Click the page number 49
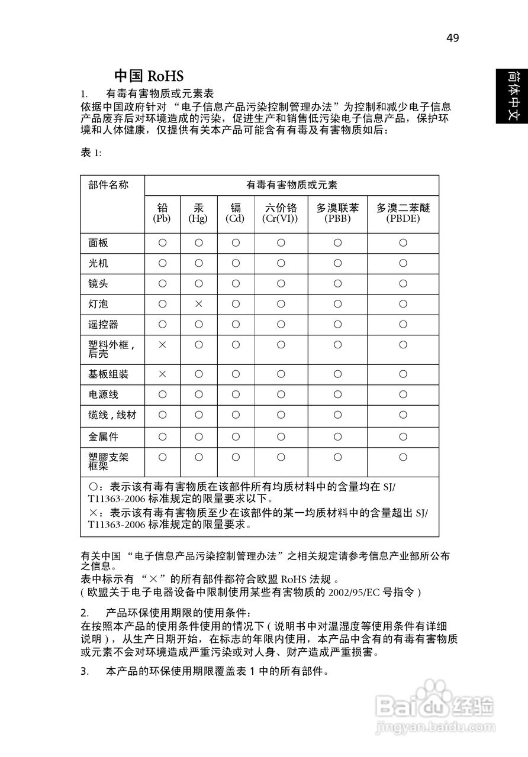coord(452,38)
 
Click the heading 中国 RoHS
coord(149,76)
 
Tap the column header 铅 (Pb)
coord(162,213)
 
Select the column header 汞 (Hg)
coord(198,213)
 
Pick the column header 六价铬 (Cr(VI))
coord(281,213)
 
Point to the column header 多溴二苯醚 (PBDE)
coord(403,213)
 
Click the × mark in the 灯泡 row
coord(199,304)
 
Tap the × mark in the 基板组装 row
coord(162,374)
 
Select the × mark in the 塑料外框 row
coord(162,344)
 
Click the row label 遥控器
coord(103,325)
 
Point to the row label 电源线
coord(103,394)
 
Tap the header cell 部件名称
coord(108,185)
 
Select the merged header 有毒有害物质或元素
coord(292,185)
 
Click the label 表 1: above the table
coord(91,153)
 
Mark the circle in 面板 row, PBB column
coord(337,243)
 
